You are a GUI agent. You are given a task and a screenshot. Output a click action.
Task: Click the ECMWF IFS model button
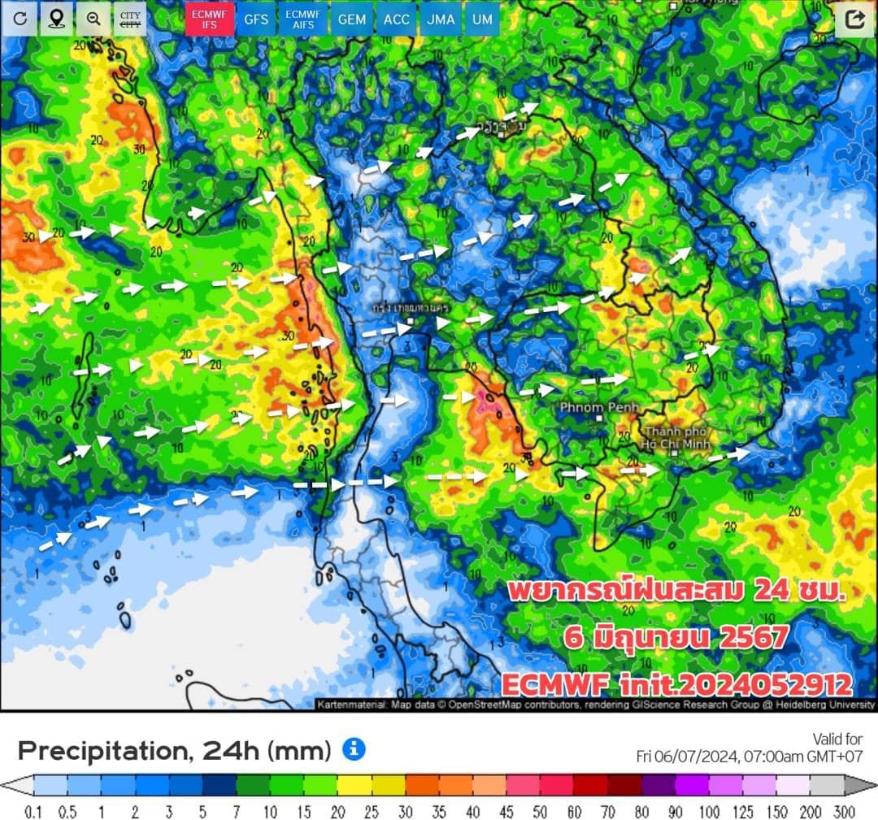pyautogui.click(x=210, y=19)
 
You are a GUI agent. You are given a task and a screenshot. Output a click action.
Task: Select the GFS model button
pyautogui.click(x=257, y=19)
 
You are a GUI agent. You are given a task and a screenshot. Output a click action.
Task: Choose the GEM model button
pyautogui.click(x=351, y=19)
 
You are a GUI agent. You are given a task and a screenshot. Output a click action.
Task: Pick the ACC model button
pyautogui.click(x=397, y=19)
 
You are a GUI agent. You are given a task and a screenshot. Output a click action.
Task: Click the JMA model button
pyautogui.click(x=441, y=19)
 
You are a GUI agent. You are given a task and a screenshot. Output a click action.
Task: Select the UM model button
pyautogui.click(x=482, y=19)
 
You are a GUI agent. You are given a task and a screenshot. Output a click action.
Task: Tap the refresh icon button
pyautogui.click(x=20, y=19)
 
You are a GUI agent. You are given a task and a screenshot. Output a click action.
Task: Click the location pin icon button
pyautogui.click(x=56, y=19)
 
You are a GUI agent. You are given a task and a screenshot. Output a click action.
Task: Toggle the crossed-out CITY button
pyautogui.click(x=129, y=19)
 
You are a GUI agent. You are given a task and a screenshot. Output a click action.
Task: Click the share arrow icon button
pyautogui.click(x=854, y=19)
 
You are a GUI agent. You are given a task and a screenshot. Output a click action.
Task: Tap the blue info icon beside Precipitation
pyautogui.click(x=354, y=749)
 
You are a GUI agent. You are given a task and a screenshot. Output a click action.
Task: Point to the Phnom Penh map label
pyautogui.click(x=600, y=406)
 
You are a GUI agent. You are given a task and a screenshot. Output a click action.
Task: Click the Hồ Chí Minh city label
pyautogui.click(x=677, y=437)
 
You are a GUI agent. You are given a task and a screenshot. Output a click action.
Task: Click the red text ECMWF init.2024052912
pyautogui.click(x=676, y=684)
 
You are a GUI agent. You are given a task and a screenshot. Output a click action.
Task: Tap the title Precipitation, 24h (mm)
pyautogui.click(x=174, y=750)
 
